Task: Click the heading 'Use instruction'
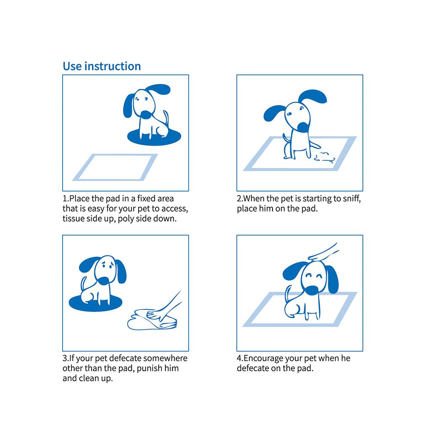tap(102, 66)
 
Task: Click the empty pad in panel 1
tap(115, 167)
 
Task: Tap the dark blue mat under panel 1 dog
tap(154, 138)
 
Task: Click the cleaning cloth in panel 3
tap(152, 320)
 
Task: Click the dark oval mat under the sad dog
tap(95, 303)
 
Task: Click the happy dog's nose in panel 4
tap(312, 290)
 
